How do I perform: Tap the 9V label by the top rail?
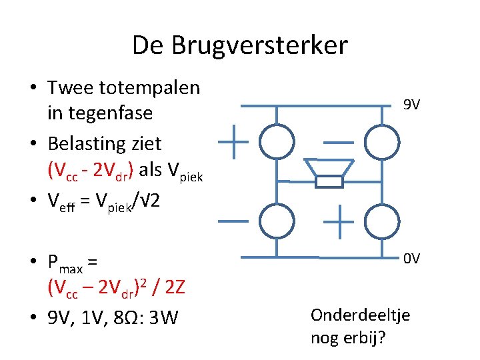click(x=411, y=105)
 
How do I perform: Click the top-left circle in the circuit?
click(x=277, y=141)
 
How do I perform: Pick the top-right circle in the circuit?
click(x=382, y=141)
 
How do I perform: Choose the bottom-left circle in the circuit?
click(x=277, y=222)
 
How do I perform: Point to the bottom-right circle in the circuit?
click(x=382, y=222)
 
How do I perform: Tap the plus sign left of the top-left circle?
click(x=234, y=141)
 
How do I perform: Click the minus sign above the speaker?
click(x=339, y=142)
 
